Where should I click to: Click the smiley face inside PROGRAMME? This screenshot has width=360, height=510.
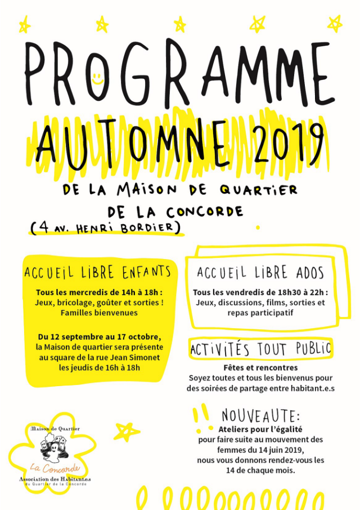pos(97,77)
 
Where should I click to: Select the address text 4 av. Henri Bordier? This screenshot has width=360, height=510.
pos(107,227)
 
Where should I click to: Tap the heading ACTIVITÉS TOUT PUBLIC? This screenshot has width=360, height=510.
pos(260,349)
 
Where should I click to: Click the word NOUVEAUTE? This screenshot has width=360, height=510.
pos(260,416)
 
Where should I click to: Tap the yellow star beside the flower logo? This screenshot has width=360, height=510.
pos(125,431)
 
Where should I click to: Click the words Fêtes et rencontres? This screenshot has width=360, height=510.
pos(260,368)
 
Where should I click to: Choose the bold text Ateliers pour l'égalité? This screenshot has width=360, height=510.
pos(260,430)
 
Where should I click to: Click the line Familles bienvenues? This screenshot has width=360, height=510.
pos(98,312)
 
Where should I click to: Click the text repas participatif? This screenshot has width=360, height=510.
pos(260,312)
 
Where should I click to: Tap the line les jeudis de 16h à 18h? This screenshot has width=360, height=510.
pos(98,368)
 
